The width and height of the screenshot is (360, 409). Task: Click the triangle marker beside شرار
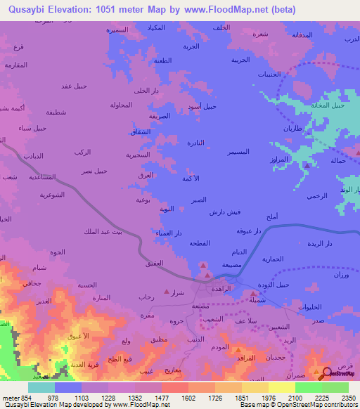[x=166, y=291]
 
